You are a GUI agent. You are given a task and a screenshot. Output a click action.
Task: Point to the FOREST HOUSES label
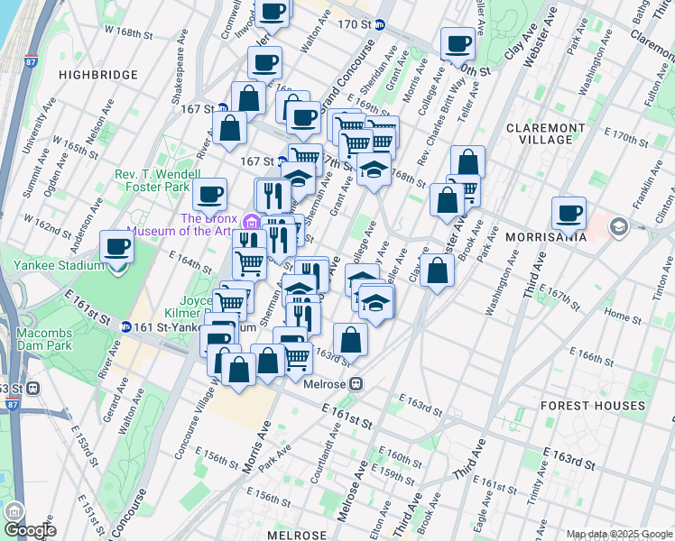(x=593, y=406)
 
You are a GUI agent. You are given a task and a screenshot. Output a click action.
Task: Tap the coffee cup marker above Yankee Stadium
(x=116, y=245)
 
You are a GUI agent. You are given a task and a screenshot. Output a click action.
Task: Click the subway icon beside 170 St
(x=380, y=25)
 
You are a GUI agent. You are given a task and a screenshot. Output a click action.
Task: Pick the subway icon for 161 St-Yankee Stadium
(x=125, y=326)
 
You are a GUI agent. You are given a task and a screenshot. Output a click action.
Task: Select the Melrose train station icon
(x=357, y=383)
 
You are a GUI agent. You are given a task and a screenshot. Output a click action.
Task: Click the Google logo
(x=29, y=529)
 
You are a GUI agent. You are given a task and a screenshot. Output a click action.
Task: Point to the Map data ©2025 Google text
(x=618, y=534)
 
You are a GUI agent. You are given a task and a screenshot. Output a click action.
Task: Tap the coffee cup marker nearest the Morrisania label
(x=569, y=214)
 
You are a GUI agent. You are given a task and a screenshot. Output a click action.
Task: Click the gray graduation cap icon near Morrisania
(x=618, y=225)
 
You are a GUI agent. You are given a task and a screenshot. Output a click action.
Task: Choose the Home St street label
(x=622, y=315)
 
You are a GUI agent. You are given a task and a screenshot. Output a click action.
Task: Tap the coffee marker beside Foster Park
(x=209, y=193)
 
